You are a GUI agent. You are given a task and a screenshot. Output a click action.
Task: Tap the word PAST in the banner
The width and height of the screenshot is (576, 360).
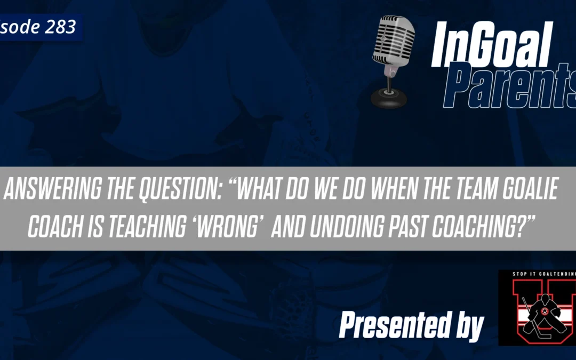point(442,227)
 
